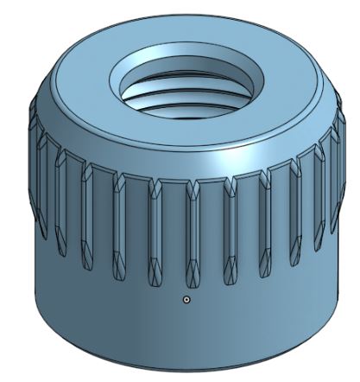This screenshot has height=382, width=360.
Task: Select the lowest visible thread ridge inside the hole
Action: click(x=184, y=105)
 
